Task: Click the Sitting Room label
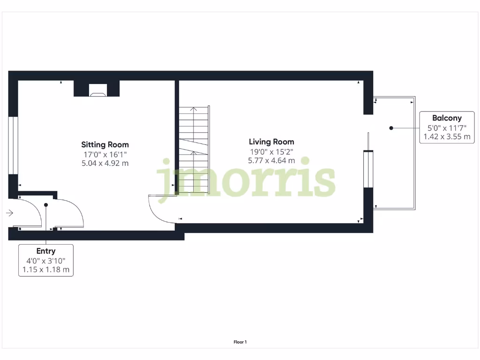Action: point(105,144)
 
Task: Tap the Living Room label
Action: point(271,142)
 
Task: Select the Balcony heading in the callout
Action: point(447,118)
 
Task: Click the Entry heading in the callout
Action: point(46,251)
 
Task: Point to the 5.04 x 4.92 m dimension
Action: point(105,163)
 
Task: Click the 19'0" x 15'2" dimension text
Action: point(271,151)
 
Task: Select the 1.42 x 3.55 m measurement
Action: point(447,136)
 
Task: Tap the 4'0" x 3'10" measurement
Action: point(46,261)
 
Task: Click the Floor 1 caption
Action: point(240,342)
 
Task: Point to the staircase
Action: point(194,150)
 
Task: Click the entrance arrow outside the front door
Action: point(9,213)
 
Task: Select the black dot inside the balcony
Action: point(391,127)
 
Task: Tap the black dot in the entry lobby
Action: point(46,205)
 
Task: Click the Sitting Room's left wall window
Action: point(13,145)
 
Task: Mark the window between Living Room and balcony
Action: point(368,169)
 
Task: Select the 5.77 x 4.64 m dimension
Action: point(271,160)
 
